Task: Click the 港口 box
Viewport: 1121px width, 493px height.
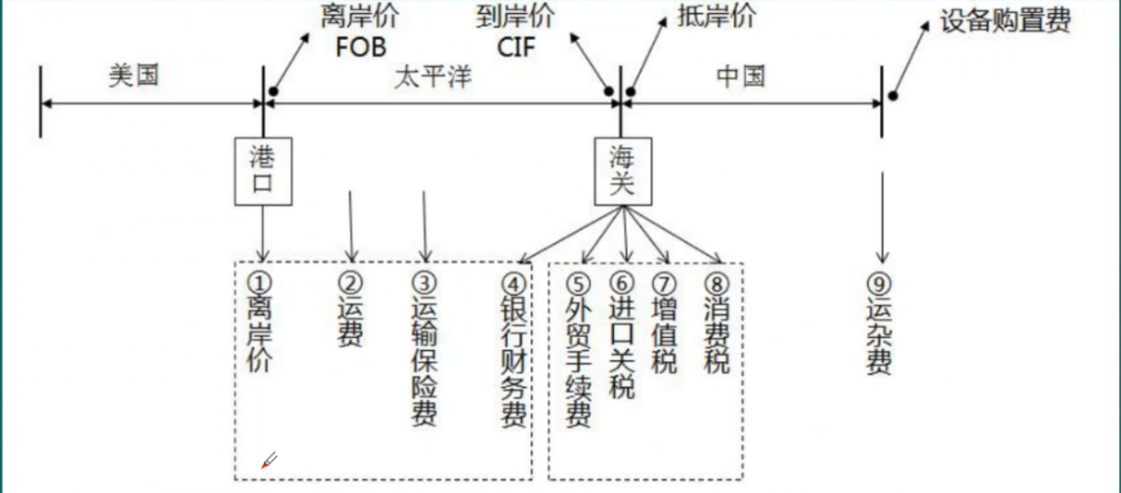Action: click(x=263, y=170)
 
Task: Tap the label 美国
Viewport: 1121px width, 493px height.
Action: click(x=134, y=75)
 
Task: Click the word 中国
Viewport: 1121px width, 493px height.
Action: click(x=740, y=75)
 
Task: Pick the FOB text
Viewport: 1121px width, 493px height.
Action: click(x=361, y=46)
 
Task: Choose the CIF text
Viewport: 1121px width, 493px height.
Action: click(x=517, y=46)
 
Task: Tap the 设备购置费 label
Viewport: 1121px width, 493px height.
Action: click(x=1005, y=21)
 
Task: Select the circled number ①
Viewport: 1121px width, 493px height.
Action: click(x=258, y=283)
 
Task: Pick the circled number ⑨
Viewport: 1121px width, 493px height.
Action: click(x=878, y=284)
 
